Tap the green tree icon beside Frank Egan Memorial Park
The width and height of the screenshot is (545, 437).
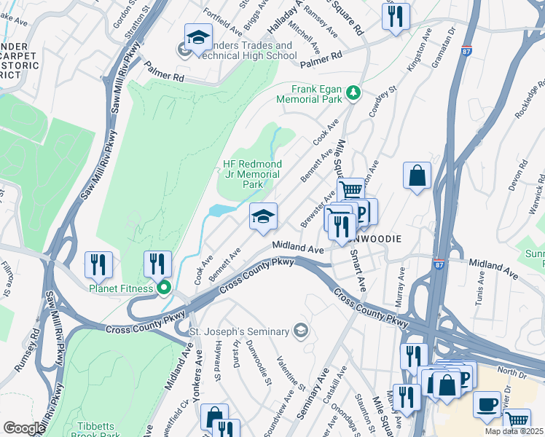tap(353, 92)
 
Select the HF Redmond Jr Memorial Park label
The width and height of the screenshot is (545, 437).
tap(251, 174)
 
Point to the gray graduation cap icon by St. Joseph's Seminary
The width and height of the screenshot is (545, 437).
tap(300, 331)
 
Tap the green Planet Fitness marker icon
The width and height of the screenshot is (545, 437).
tap(164, 288)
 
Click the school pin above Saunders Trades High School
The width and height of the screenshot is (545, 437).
tap(198, 38)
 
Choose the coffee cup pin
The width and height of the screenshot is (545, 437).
tap(487, 404)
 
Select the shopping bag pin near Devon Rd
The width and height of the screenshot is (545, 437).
tap(417, 176)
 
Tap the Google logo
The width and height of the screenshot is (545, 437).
tap(23, 428)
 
